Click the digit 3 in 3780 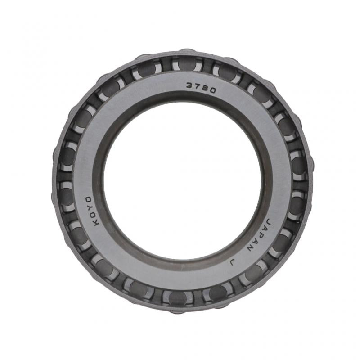pyautogui.click(x=190, y=85)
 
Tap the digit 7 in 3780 pyautogui.click(x=198, y=86)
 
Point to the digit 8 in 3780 pyautogui.click(x=205, y=88)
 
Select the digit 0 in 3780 pyautogui.click(x=213, y=90)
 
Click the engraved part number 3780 pyautogui.click(x=201, y=87)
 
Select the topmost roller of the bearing pyautogui.click(x=187, y=63)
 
